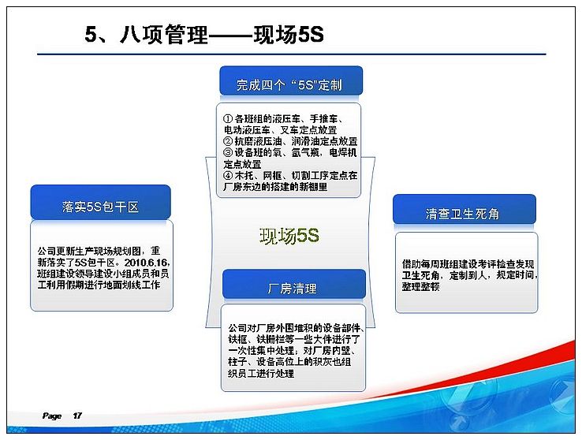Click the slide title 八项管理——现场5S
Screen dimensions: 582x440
point(222,35)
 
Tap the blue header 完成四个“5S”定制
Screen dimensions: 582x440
point(291,81)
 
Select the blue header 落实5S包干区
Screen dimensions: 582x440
point(101,202)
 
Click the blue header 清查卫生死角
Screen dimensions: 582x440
point(464,209)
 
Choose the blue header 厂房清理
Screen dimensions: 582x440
point(294,285)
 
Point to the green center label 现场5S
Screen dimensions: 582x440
point(289,236)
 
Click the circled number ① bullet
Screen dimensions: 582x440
point(228,119)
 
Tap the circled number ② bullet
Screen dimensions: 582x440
point(228,141)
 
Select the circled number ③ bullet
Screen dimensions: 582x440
point(228,152)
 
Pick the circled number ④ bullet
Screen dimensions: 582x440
point(228,175)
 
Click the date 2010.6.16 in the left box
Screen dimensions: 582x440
point(146,263)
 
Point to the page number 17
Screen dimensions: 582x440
point(77,416)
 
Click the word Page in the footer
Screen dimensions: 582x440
point(52,416)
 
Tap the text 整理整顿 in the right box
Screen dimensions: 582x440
point(420,287)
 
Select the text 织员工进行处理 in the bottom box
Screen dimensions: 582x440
point(261,373)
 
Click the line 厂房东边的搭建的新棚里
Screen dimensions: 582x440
point(275,187)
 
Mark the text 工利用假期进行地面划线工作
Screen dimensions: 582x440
point(99,285)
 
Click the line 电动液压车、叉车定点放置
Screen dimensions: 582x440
point(280,130)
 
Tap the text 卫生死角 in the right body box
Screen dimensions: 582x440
point(420,275)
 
